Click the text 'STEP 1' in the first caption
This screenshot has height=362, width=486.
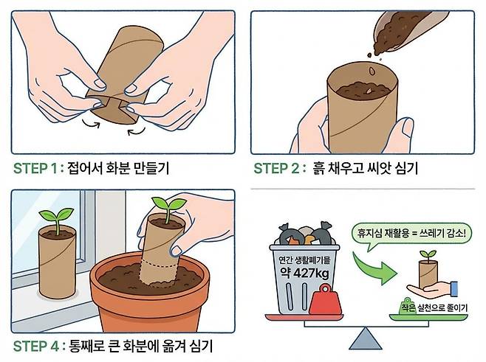click(35, 169)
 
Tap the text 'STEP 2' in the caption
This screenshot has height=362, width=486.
click(276, 169)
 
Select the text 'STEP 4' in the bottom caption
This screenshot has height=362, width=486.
click(36, 347)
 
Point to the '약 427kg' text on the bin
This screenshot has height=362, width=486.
click(305, 272)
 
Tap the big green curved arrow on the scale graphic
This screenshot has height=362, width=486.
click(374, 268)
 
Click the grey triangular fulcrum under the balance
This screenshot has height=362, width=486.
click(366, 338)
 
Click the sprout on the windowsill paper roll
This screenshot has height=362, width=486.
click(57, 220)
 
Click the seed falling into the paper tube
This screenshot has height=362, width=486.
click(372, 72)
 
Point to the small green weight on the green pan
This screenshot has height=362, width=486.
click(406, 306)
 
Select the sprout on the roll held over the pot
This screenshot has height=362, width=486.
click(168, 208)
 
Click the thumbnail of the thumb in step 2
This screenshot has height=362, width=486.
click(407, 126)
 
